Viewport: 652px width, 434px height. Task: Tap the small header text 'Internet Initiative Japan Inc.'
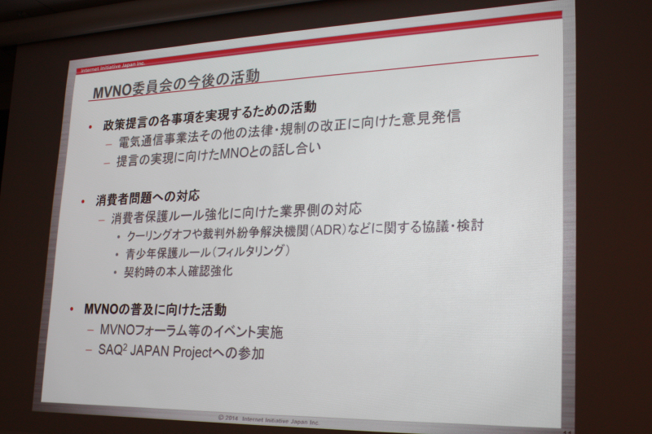tap(112, 68)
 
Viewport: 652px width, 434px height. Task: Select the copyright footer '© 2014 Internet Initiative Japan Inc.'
tap(269, 419)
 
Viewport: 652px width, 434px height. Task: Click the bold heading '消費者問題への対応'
tap(148, 198)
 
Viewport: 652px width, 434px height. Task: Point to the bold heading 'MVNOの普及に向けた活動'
tap(155, 309)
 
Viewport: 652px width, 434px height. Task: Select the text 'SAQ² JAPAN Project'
tap(155, 352)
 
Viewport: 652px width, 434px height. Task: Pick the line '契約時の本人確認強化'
tap(178, 272)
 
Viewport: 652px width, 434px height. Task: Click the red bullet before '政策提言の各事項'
tap(90, 127)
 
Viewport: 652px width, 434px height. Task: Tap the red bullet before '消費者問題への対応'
tap(83, 202)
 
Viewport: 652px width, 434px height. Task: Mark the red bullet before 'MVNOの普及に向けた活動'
tap(72, 309)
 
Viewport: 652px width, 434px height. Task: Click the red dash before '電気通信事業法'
tap(109, 144)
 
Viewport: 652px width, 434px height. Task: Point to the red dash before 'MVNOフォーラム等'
tap(90, 331)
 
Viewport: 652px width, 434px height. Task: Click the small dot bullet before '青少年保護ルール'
tap(117, 254)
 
